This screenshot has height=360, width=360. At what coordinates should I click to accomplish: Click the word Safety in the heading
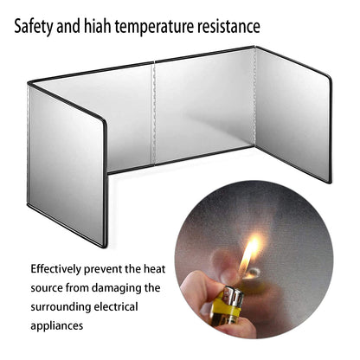pyautogui.click(x=34, y=26)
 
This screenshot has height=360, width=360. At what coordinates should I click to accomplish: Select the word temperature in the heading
pyautogui.click(x=154, y=27)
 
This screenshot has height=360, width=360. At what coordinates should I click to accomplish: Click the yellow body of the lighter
pyautogui.click(x=228, y=308)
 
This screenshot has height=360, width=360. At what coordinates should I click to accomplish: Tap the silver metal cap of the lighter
pyautogui.click(x=233, y=295)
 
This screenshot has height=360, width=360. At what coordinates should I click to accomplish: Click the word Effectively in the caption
pyautogui.click(x=56, y=269)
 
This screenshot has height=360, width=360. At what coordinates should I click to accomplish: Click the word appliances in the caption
pyautogui.click(x=57, y=326)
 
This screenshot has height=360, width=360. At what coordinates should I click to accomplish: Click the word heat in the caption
pyautogui.click(x=155, y=269)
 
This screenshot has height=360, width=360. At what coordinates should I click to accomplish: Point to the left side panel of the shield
pyautogui.click(x=67, y=166)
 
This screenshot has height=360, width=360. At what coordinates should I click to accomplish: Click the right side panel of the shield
pyautogui.click(x=293, y=115)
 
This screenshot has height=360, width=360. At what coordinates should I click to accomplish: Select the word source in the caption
pyautogui.click(x=47, y=288)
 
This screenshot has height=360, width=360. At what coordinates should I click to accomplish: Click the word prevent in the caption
pyautogui.click(x=103, y=270)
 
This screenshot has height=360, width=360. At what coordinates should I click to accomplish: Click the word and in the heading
pyautogui.click(x=68, y=26)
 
